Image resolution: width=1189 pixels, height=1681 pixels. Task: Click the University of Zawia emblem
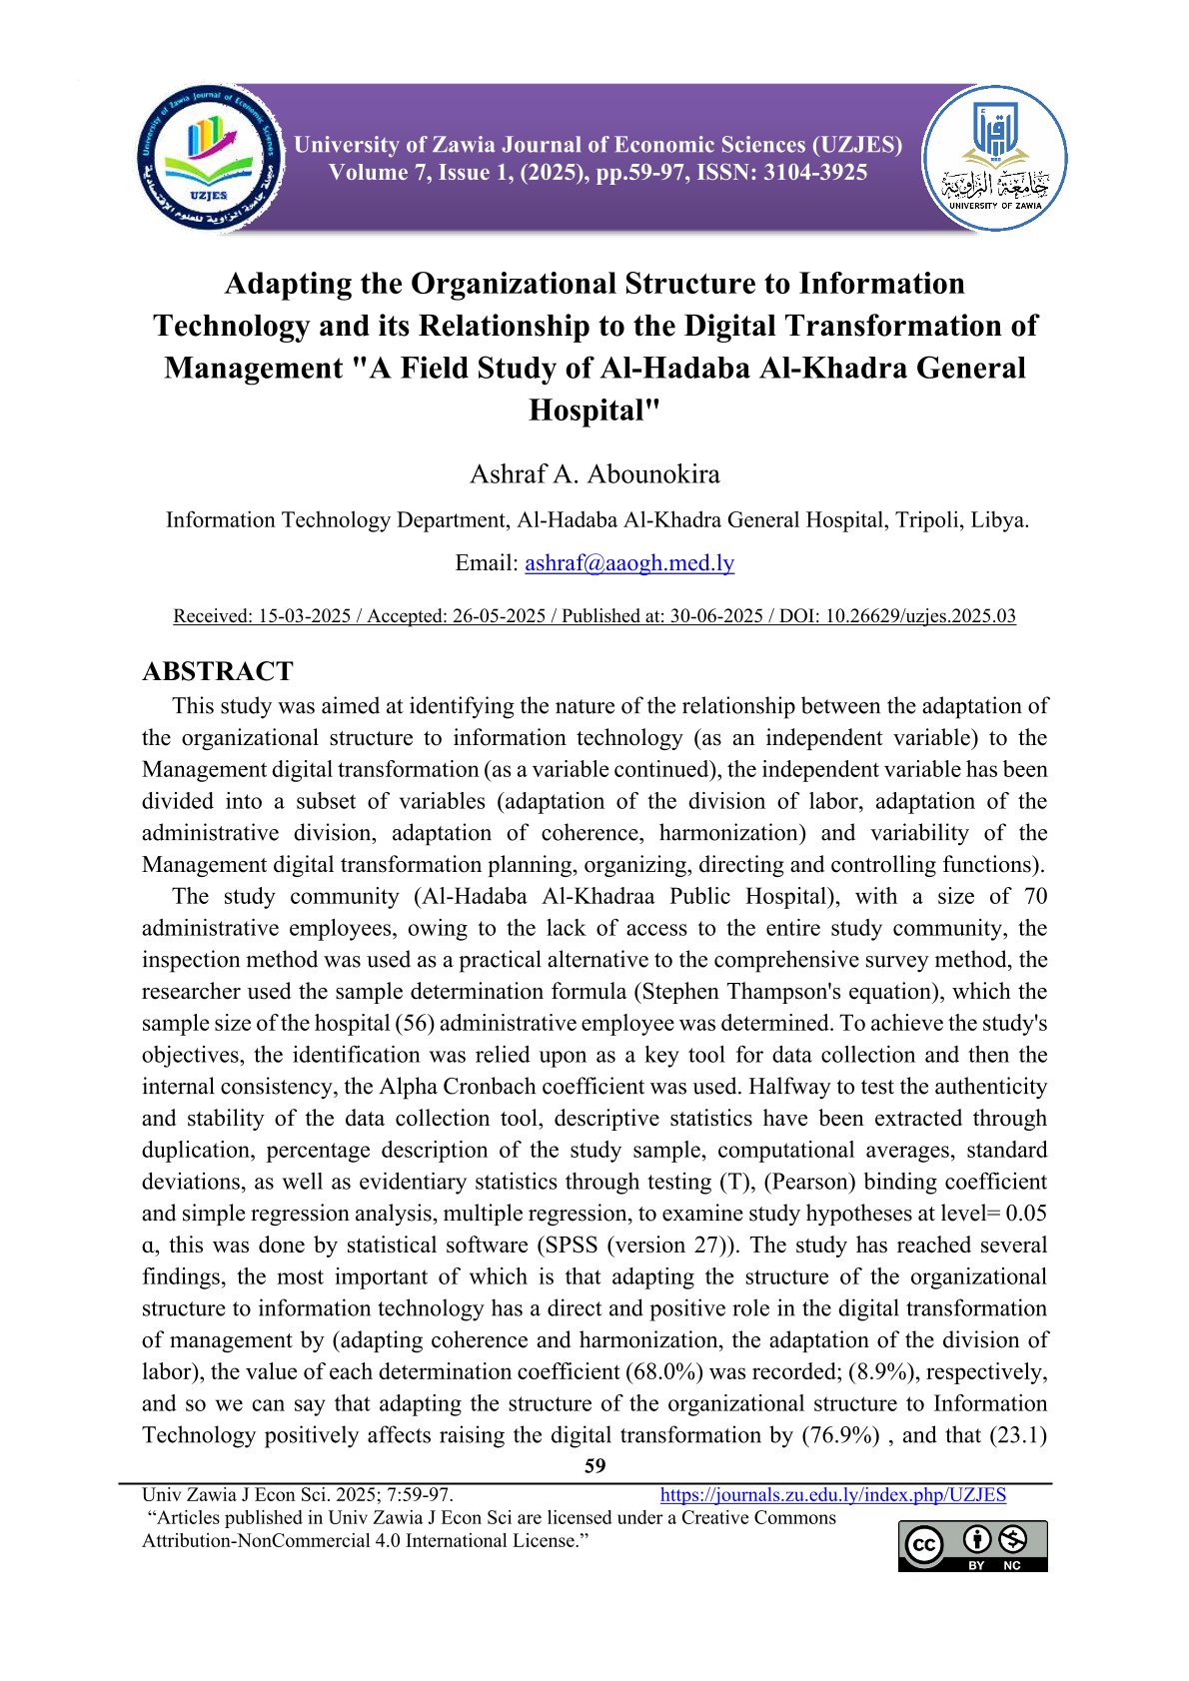pos(994,158)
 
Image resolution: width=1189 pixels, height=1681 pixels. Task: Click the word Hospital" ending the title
pos(594,410)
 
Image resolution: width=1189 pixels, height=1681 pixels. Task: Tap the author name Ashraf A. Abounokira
pos(594,473)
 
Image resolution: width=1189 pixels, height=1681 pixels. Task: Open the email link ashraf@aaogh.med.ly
pos(629,563)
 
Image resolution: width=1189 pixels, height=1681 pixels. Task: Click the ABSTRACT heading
pos(218,671)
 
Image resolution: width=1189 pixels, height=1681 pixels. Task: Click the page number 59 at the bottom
pos(594,1466)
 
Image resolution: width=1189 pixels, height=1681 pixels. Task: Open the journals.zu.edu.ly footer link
pos(833,1495)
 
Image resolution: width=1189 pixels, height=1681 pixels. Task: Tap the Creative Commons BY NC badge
pos(972,1546)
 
